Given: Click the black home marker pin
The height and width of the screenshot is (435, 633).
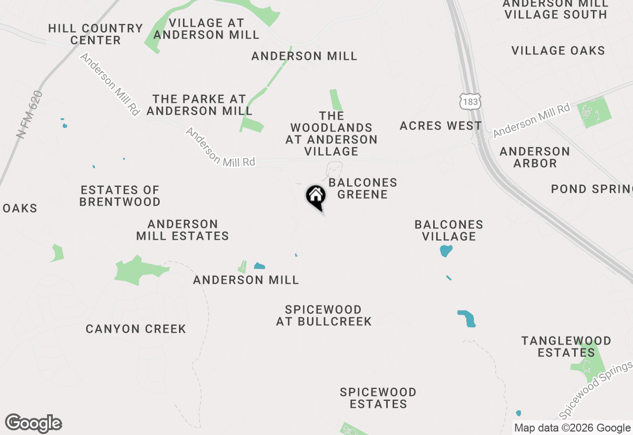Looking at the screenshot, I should pyautogui.click(x=316, y=197).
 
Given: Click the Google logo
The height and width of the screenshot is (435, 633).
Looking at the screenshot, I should pyautogui.click(x=33, y=423).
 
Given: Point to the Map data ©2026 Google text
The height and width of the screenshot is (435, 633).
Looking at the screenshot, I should pyautogui.click(x=572, y=428).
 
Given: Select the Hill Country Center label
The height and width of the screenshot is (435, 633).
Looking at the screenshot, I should pyautogui.click(x=95, y=34).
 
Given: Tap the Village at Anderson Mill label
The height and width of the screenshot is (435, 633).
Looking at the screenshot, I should pyautogui.click(x=206, y=29).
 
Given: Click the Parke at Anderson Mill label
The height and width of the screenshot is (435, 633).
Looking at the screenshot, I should pyautogui.click(x=199, y=105).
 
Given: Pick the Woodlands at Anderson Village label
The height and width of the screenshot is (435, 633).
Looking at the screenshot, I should pyautogui.click(x=331, y=133).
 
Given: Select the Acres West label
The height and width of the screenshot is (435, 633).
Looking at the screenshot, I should pyautogui.click(x=440, y=126).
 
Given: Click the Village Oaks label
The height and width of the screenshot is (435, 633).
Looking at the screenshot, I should pyautogui.click(x=558, y=50).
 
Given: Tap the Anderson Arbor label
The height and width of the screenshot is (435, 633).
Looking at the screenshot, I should pyautogui.click(x=535, y=157).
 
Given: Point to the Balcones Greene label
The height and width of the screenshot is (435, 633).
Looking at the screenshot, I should pyautogui.click(x=362, y=188).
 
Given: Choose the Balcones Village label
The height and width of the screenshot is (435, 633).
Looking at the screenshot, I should pyautogui.click(x=449, y=230).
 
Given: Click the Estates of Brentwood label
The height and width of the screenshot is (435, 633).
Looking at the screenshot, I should pyautogui.click(x=120, y=196).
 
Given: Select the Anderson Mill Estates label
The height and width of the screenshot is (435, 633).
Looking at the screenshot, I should pyautogui.click(x=182, y=230).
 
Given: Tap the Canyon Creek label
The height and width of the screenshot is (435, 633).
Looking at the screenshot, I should pyautogui.click(x=136, y=329).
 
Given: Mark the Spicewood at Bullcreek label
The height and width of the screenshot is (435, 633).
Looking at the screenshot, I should pyautogui.click(x=323, y=315).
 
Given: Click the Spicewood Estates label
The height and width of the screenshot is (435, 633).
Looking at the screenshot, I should pyautogui.click(x=378, y=398).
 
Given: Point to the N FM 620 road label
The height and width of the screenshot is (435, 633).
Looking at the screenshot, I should pyautogui.click(x=30, y=114).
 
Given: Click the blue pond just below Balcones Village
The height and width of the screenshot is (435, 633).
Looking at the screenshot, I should pyautogui.click(x=446, y=251).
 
